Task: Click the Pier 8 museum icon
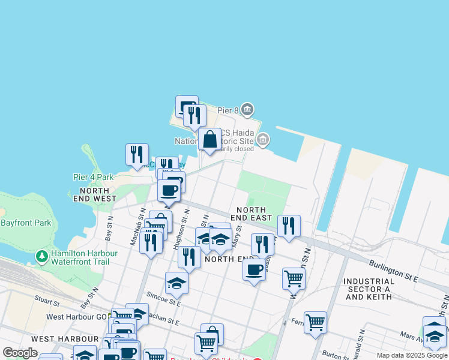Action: click(x=248, y=110)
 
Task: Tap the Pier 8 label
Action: click(x=228, y=110)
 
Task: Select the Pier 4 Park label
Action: click(x=93, y=177)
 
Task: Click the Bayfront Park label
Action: click(x=26, y=223)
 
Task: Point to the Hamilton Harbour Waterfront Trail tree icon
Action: click(x=41, y=257)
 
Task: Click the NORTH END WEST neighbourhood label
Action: click(x=94, y=194)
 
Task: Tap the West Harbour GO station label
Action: click(x=72, y=316)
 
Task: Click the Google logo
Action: click(x=20, y=353)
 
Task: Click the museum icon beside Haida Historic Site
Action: click(x=262, y=140)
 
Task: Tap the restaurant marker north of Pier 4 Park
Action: click(x=137, y=155)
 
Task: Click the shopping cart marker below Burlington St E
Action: click(x=294, y=278)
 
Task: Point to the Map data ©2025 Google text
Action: click(x=411, y=355)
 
